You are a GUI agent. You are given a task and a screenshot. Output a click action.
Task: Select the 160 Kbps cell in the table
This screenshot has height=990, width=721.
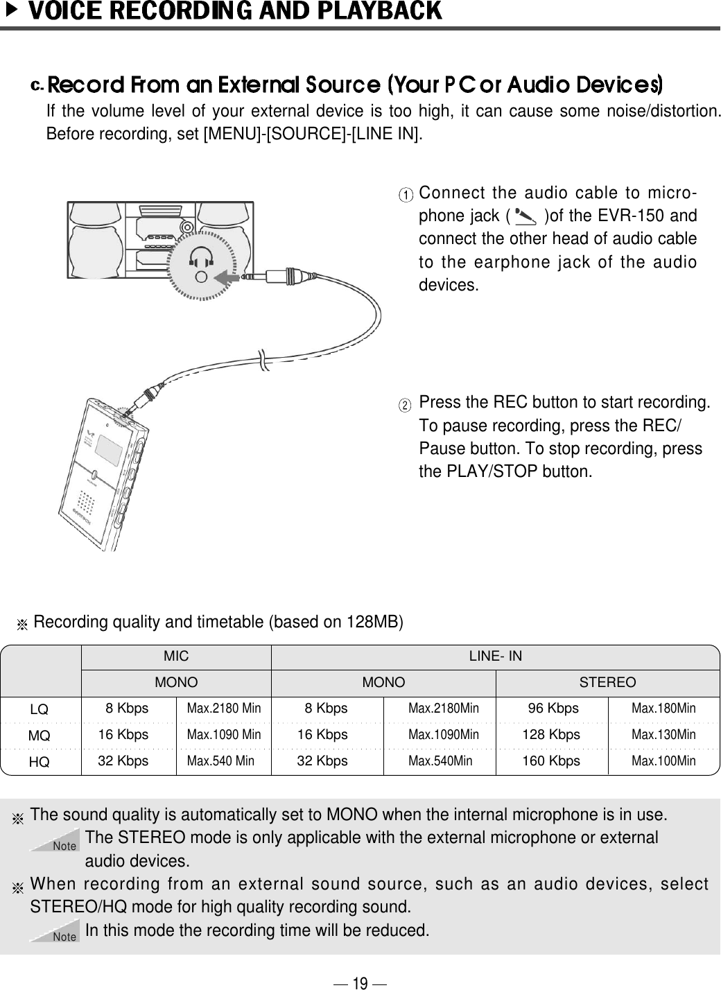551,761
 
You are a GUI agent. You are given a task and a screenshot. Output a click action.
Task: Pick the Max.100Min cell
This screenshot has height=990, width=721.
663,761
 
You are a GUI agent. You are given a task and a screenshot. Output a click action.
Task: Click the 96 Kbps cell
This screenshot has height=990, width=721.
553,709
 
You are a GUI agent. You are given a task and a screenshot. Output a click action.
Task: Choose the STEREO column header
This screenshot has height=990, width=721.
607,682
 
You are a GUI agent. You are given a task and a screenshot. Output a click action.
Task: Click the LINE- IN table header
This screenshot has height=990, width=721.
496,656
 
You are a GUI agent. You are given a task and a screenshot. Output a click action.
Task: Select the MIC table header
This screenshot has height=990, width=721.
175,656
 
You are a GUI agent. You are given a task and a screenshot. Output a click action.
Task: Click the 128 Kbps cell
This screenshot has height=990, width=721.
551,735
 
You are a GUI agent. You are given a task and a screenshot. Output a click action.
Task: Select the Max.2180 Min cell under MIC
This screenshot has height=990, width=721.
224,709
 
